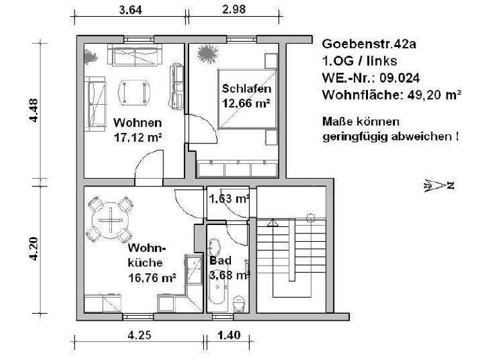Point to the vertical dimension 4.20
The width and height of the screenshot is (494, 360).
(x=37, y=248)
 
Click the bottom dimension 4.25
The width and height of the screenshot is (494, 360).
(x=140, y=334)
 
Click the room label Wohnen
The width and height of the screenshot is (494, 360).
(x=138, y=123)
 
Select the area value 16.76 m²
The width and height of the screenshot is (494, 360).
(x=152, y=278)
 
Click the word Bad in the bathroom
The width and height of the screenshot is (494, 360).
(x=218, y=261)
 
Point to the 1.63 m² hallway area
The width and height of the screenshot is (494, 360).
(x=229, y=199)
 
